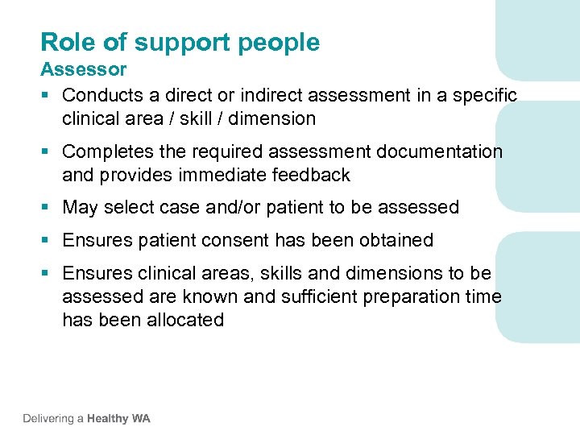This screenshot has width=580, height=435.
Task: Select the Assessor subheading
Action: point(84,69)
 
